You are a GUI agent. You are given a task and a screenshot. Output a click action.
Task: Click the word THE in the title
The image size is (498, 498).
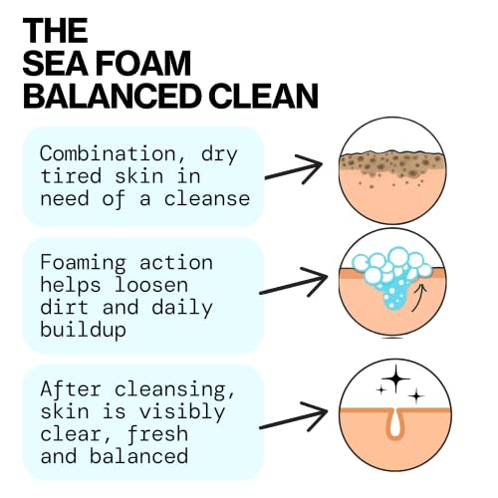(x=55, y=31)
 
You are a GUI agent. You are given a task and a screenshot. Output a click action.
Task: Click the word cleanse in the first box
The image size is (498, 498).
(x=207, y=198)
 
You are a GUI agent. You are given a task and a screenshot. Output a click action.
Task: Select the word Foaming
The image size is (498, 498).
(x=83, y=264)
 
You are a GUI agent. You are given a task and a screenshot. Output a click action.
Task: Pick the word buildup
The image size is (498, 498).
(x=83, y=331)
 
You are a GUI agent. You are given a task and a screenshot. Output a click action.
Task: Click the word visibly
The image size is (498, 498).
(x=182, y=412)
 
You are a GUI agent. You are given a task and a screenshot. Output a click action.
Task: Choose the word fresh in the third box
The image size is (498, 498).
(x=157, y=434)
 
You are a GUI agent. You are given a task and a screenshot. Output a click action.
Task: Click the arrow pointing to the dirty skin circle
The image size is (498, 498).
(x=294, y=169)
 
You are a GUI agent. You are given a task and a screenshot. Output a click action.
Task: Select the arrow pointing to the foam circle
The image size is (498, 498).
(x=293, y=282)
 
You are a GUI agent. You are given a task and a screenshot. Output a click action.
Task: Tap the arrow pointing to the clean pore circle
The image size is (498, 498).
(x=293, y=416)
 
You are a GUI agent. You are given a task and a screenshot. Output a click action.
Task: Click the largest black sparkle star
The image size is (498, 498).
(x=395, y=378)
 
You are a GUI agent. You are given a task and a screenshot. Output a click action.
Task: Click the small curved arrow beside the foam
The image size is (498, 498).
(x=419, y=298)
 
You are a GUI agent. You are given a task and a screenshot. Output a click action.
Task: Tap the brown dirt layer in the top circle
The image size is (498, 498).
(x=391, y=163)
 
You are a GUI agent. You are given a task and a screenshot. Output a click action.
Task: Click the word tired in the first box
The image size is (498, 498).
(x=71, y=176)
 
